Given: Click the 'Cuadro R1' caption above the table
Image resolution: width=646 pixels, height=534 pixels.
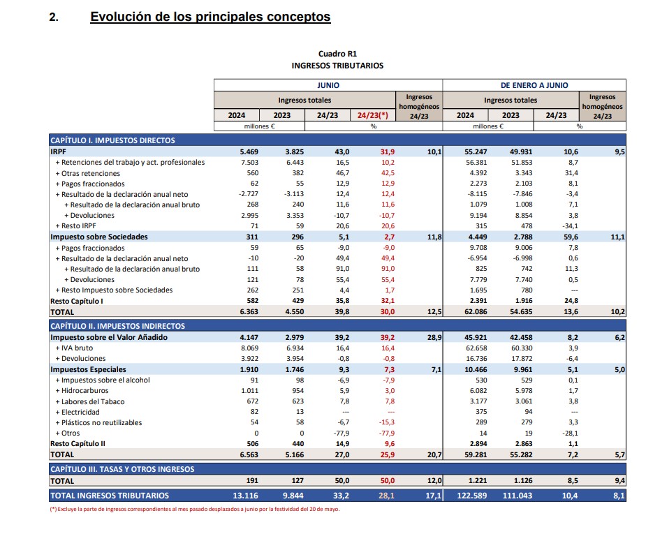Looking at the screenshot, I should [337, 53].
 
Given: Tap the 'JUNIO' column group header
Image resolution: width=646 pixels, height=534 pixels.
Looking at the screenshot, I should [328, 84].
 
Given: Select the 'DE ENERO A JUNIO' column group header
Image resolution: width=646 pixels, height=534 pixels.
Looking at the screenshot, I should [534, 84].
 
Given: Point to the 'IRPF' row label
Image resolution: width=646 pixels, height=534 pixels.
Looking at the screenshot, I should [59, 151].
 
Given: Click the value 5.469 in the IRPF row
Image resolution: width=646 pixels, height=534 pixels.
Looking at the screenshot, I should [249, 151].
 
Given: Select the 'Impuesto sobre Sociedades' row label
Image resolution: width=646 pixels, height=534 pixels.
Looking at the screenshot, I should [98, 237].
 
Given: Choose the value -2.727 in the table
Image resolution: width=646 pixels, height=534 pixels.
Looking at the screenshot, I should [248, 194].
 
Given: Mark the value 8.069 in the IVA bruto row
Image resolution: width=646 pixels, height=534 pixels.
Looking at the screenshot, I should [249, 348].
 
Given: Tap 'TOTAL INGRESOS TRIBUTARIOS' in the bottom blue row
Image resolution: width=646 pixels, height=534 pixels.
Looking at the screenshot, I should [110, 496].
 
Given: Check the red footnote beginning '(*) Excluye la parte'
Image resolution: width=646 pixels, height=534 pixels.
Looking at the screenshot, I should [195, 509].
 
